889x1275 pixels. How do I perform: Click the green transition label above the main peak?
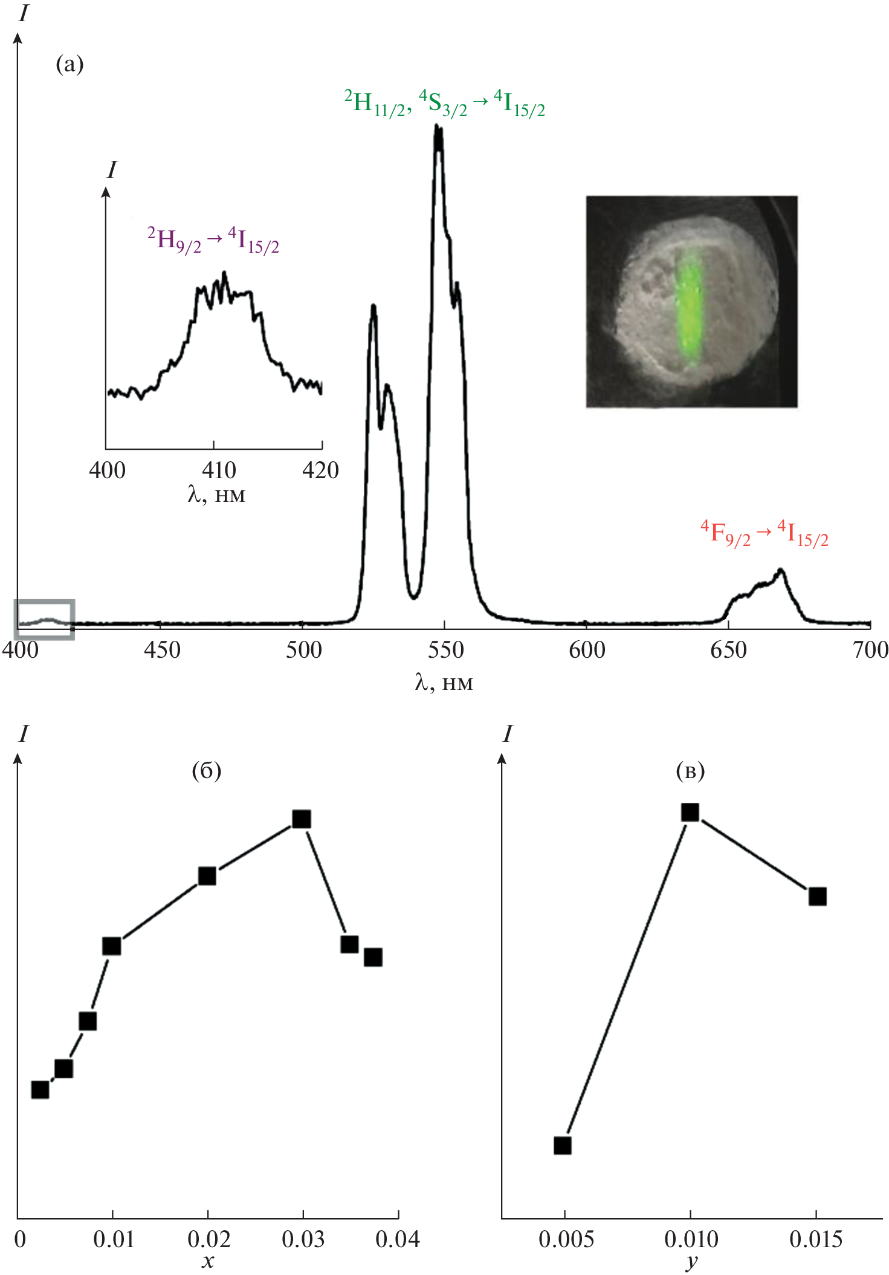click(444, 103)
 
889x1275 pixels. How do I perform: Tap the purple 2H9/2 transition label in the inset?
click(213, 240)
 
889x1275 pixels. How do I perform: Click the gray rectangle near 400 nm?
click(44, 619)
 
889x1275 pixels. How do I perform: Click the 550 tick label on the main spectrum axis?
click(445, 650)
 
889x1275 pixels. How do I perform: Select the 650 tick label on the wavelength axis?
click(729, 650)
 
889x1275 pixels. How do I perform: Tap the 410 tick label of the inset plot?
click(219, 470)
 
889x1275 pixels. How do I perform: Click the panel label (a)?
click(70, 64)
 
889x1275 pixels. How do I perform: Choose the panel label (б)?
click(206, 771)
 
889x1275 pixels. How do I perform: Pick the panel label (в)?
click(690, 771)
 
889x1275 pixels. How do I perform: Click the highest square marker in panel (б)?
click(302, 819)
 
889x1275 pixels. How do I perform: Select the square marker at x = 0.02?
click(207, 876)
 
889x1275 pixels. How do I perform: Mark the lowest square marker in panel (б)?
click(40, 1089)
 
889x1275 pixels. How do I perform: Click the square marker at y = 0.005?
click(563, 1146)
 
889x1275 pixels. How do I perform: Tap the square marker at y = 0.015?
click(817, 897)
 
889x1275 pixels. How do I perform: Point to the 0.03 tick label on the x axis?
click(303, 1239)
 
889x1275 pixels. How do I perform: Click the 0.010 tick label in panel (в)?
click(691, 1239)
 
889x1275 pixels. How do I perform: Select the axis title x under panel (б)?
click(208, 1261)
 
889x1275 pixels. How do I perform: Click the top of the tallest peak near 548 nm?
click(438, 127)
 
